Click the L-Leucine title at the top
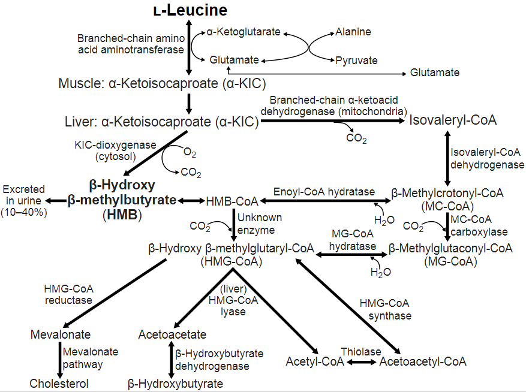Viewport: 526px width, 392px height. (x=190, y=10)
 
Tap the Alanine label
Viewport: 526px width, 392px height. (x=353, y=32)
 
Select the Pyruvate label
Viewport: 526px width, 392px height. (x=357, y=61)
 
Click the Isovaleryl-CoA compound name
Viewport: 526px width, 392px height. (x=453, y=120)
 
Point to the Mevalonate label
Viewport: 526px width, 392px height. (x=61, y=334)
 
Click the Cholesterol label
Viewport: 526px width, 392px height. (x=59, y=383)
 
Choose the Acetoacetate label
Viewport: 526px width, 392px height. (x=172, y=334)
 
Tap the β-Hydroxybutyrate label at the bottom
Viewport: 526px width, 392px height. (x=176, y=383)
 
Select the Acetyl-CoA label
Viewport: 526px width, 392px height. (x=315, y=361)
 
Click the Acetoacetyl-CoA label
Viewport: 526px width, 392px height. (x=423, y=361)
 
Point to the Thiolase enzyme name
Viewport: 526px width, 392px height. (x=361, y=351)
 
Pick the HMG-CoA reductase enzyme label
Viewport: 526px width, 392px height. (x=68, y=294)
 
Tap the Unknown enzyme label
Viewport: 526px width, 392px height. (x=259, y=224)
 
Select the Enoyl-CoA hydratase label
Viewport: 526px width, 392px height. (x=324, y=191)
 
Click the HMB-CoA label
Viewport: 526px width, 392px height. (x=232, y=201)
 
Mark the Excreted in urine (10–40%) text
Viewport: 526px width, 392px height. (x=23, y=201)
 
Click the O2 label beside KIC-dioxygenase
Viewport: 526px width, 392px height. (x=190, y=153)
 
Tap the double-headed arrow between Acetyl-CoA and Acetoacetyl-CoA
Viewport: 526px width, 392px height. (x=362, y=362)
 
